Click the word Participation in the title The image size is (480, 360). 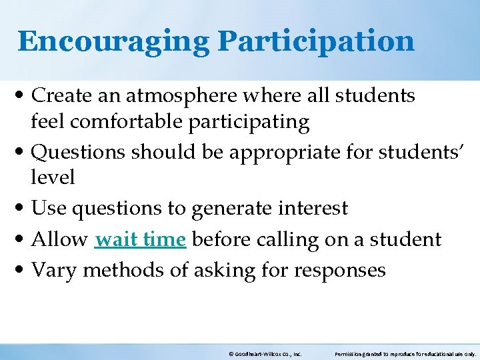316,41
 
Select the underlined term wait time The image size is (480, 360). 140,239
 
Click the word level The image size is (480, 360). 53,177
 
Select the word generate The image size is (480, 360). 230,209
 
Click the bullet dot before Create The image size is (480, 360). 23,97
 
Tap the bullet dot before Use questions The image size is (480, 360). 23,209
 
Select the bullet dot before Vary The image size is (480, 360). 23,271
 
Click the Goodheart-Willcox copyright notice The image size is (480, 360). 265,355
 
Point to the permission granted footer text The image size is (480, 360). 405,355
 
